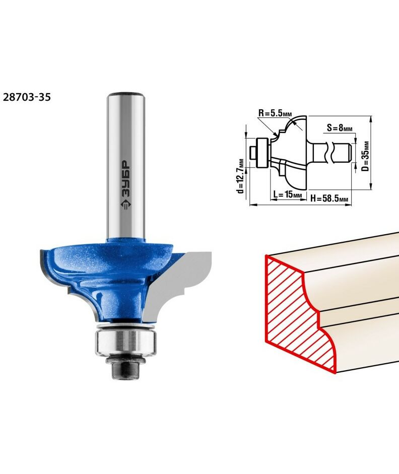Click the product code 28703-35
[27, 97]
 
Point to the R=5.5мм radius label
[275, 113]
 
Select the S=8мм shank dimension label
[340, 128]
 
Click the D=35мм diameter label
[365, 156]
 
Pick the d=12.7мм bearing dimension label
[241, 176]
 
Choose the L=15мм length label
[288, 194]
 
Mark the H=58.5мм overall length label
[329, 198]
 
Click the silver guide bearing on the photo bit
[126, 342]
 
